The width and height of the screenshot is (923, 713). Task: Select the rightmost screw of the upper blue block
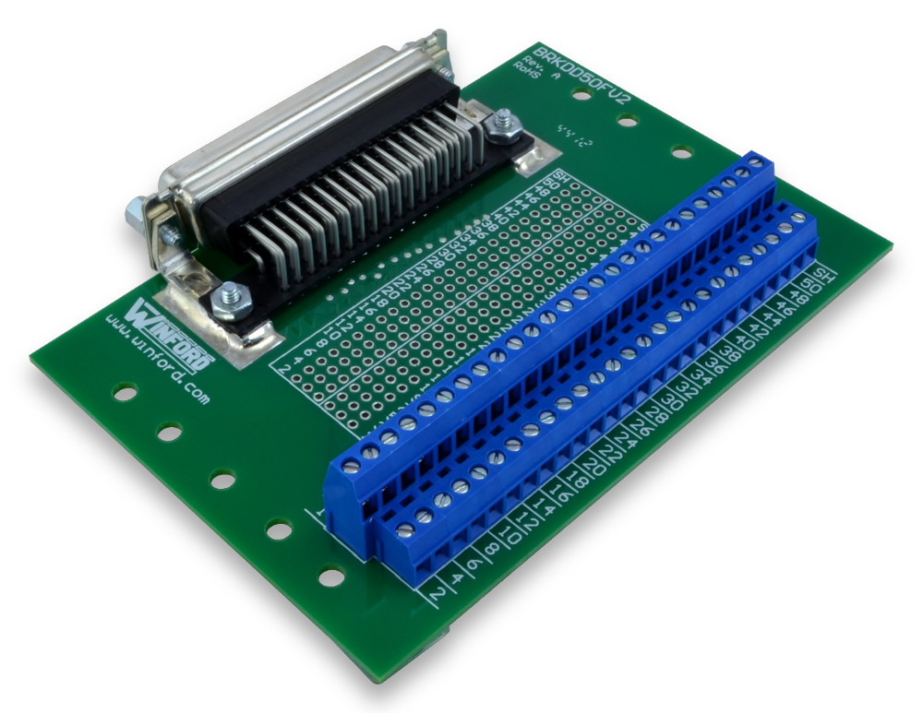pos(756,163)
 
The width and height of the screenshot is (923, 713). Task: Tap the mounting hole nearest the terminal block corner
pos(330,577)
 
